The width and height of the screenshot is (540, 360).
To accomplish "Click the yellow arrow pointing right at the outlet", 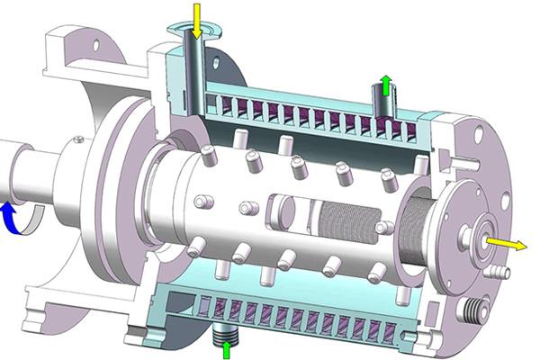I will point(508,244).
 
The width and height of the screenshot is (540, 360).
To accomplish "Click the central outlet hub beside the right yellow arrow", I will point(475,238).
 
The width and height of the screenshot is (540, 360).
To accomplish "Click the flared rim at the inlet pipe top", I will point(197,33).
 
